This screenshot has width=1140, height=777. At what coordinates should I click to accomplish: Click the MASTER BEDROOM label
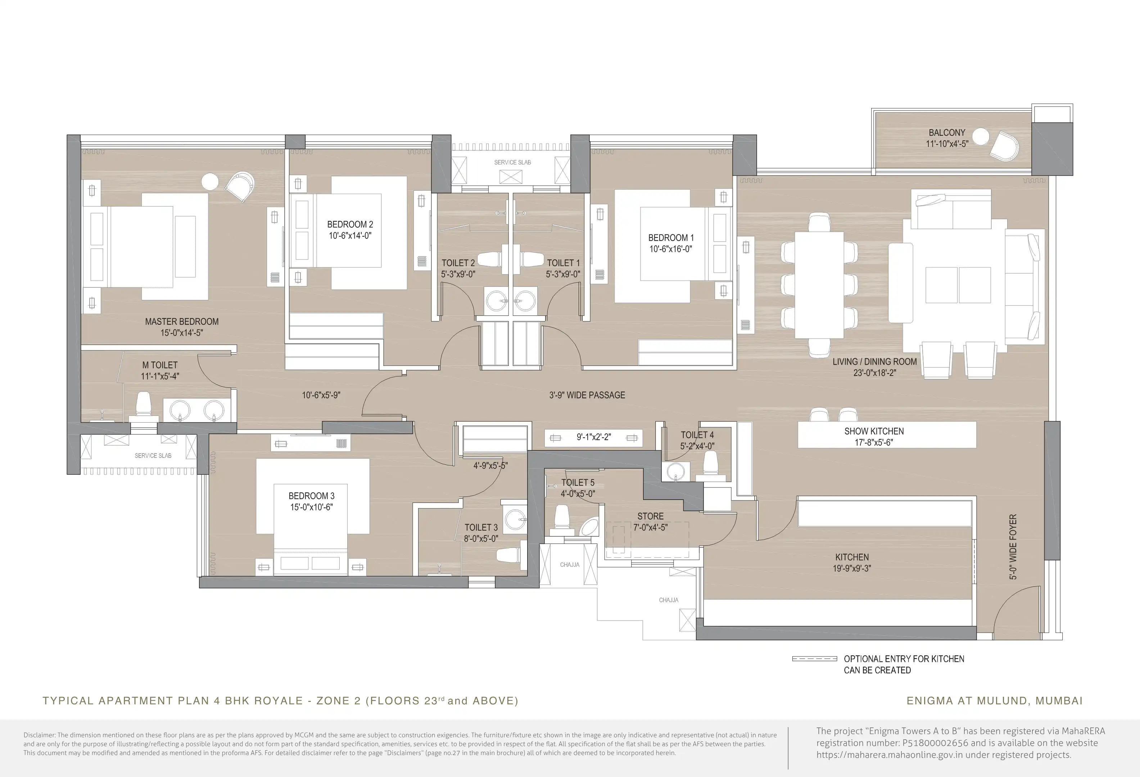(181, 322)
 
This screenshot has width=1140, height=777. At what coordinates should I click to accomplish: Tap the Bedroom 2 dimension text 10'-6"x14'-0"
(350, 236)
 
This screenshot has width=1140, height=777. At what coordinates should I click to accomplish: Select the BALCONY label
(947, 133)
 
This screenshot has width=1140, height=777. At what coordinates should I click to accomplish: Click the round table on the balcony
(981, 136)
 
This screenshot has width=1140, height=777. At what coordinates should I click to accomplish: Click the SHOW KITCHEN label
(874, 431)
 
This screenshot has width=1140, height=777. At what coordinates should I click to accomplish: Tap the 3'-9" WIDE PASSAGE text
(587, 395)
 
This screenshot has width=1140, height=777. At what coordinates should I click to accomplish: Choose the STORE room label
(651, 516)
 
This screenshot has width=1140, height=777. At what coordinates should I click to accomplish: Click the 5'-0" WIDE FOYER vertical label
(1013, 546)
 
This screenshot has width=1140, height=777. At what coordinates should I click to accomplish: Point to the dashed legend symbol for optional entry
(815, 659)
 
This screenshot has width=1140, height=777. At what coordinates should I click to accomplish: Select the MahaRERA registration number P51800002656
(936, 743)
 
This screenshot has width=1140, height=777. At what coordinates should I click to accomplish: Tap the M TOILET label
(160, 365)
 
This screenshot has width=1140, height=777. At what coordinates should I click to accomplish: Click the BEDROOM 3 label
(312, 496)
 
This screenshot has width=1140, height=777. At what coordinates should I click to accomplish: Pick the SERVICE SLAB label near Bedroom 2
(512, 162)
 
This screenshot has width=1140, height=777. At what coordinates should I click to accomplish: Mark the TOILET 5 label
(578, 483)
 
